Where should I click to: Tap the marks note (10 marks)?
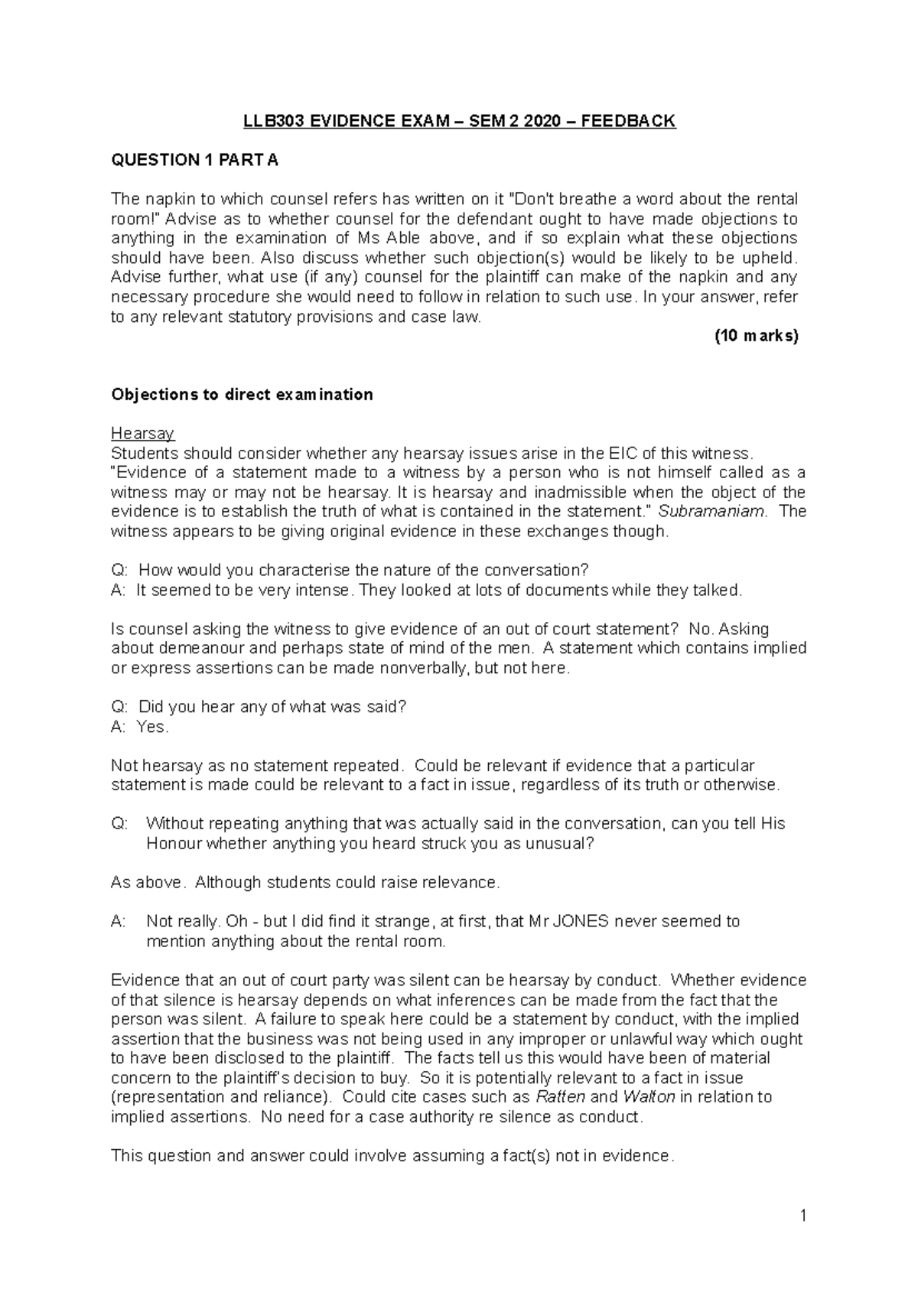(755, 336)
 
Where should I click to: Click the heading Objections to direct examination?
(242, 395)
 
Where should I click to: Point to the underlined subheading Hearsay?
(142, 434)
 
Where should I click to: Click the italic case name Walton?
(649, 1097)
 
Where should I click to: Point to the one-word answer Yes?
(151, 727)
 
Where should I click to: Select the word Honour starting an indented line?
(173, 844)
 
